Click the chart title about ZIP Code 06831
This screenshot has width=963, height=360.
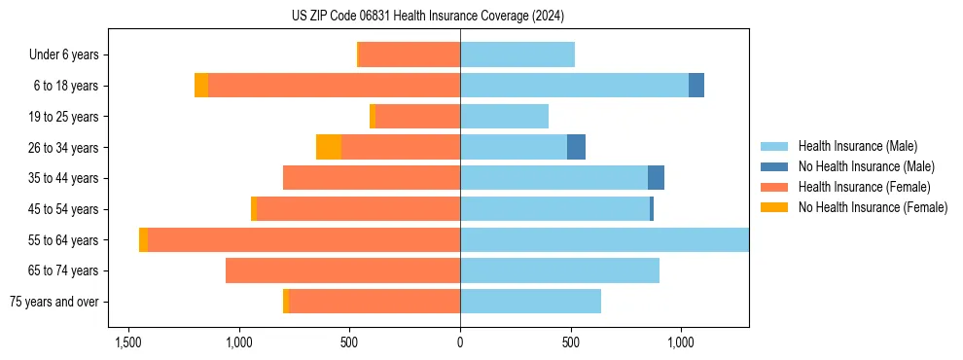click(428, 17)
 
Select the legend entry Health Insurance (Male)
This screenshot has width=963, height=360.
click(857, 146)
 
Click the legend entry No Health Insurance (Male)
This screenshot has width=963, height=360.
click(866, 166)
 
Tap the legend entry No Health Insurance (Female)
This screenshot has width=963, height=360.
click(873, 207)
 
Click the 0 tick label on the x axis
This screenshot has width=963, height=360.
click(460, 342)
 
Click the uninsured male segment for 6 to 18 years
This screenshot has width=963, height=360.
click(696, 86)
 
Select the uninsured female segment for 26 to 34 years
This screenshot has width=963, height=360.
click(329, 147)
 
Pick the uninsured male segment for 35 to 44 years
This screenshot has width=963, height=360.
click(657, 178)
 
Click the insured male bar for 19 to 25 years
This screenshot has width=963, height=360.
click(504, 117)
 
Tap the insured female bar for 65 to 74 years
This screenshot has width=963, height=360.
click(342, 270)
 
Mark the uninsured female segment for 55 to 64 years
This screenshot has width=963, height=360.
click(143, 239)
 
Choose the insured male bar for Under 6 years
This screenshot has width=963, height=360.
click(517, 54)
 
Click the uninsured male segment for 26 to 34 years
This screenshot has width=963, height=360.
click(577, 147)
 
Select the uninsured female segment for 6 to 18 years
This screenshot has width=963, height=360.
click(201, 86)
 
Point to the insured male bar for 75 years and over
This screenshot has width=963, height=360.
click(530, 302)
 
